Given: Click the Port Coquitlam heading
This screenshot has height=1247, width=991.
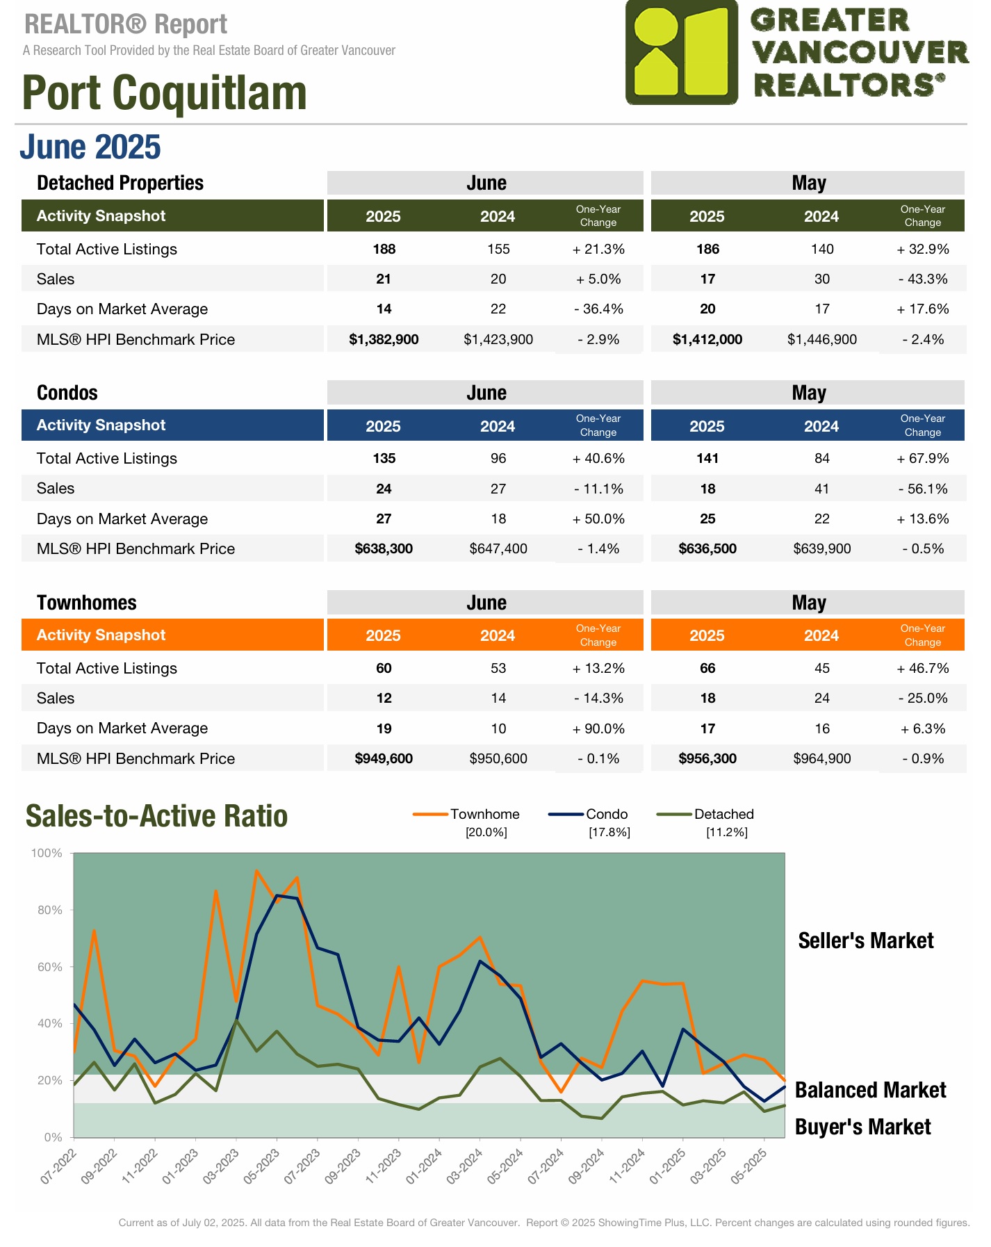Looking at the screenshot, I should [x=165, y=93].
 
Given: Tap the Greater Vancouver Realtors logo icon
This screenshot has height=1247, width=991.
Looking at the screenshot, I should [x=681, y=53].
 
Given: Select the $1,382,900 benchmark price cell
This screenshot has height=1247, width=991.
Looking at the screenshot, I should [x=384, y=340].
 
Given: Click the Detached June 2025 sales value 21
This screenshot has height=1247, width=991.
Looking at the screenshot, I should [x=384, y=279].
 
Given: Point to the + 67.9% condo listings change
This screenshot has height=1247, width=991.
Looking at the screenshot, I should [x=922, y=459].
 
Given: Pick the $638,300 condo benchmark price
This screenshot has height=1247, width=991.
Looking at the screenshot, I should [x=384, y=549].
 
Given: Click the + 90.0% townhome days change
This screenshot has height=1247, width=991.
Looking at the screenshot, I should [x=598, y=729].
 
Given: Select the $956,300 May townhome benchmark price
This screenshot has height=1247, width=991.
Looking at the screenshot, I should [x=707, y=759].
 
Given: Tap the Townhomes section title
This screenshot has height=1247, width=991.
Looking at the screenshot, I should [x=87, y=603].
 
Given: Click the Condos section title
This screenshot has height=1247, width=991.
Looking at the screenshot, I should [x=67, y=393].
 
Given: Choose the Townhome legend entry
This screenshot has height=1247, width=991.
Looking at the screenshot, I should [x=484, y=814].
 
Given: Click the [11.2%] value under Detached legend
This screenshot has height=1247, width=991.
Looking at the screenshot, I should [x=726, y=833].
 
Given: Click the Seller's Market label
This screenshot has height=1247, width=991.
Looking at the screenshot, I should [x=865, y=941].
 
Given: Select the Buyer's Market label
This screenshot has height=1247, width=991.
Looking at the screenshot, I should [x=862, y=1127].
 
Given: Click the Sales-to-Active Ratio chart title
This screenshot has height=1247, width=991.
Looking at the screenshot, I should [x=156, y=816].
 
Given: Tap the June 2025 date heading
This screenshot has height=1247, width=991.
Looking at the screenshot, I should [x=90, y=147].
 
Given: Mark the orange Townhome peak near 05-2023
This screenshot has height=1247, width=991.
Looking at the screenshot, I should [x=256, y=871].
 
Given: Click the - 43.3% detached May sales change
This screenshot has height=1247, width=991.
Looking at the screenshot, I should [x=922, y=279].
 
